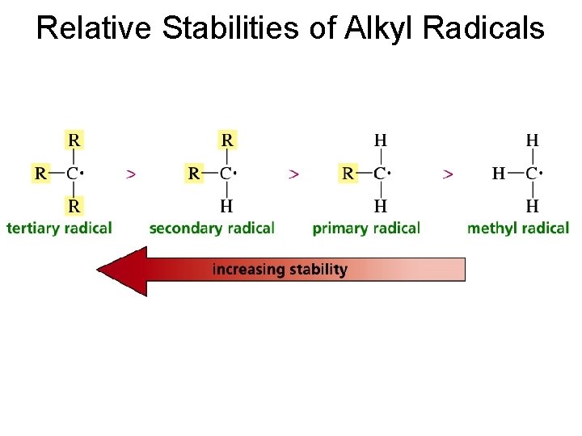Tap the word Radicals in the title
point(483,28)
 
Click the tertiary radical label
point(59,228)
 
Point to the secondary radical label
point(212,228)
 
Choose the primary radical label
point(366,228)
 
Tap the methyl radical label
point(518,228)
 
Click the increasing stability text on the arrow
point(280,269)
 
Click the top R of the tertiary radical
point(74,140)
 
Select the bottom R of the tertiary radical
point(74,206)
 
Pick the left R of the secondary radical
point(194,173)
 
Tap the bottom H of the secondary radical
point(227,206)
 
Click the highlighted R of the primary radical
point(348,173)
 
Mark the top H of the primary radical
point(380,140)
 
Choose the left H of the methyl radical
point(500,173)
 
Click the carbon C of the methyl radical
point(532,173)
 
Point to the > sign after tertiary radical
point(131,173)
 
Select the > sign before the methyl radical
point(448,173)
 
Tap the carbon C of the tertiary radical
point(73,173)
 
